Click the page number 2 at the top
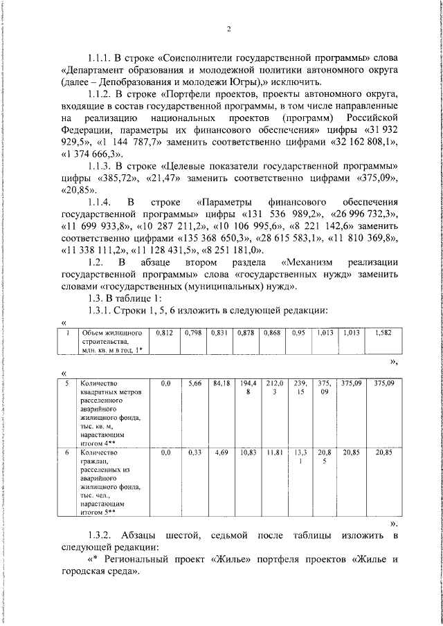point(226,28)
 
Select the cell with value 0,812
point(165,333)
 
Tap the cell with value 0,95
point(298,333)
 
